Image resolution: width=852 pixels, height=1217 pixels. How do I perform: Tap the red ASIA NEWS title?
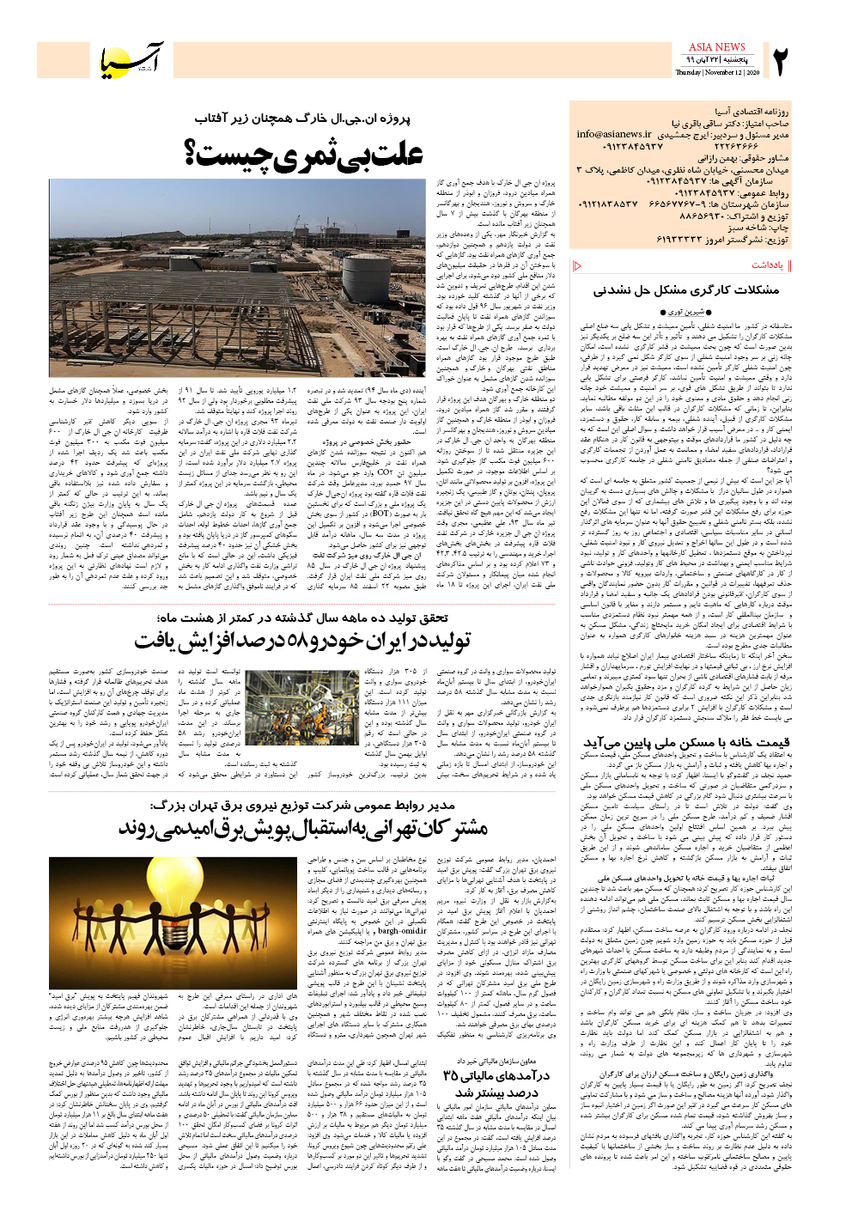[x=716, y=47]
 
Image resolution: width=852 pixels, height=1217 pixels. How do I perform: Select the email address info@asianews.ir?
[x=614, y=135]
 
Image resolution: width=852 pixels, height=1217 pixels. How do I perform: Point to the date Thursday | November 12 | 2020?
[x=716, y=73]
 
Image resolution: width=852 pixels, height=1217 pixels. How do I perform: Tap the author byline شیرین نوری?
[x=686, y=312]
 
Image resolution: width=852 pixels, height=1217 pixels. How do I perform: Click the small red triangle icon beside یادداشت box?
[x=577, y=266]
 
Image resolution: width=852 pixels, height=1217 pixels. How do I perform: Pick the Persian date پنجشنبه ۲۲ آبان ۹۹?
[x=716, y=61]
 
